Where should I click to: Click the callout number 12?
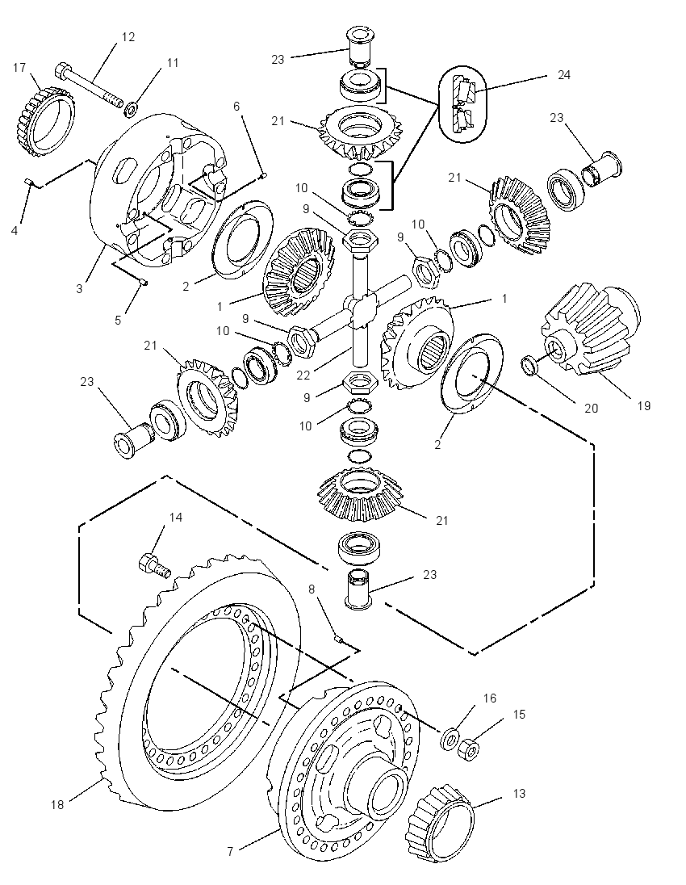pyautogui.click(x=128, y=36)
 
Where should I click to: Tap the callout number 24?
pyautogui.click(x=563, y=74)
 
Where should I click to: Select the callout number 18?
pyautogui.click(x=57, y=805)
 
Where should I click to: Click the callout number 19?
pyautogui.click(x=644, y=405)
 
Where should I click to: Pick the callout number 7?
pyautogui.click(x=230, y=852)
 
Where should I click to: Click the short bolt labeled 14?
pyautogui.click(x=154, y=565)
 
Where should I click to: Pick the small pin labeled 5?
pyautogui.click(x=143, y=282)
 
